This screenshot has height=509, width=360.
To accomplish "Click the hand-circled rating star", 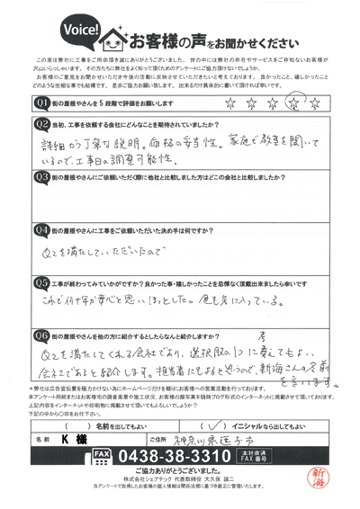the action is [x=292, y=103].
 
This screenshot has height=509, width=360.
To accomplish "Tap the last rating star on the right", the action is [x=315, y=103].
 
